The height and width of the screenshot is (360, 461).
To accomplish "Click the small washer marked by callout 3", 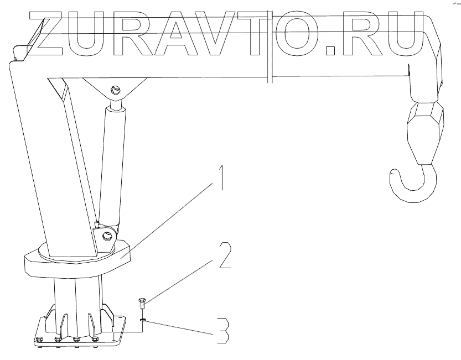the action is tap(143, 320).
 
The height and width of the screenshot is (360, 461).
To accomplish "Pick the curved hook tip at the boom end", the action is tap(392, 176).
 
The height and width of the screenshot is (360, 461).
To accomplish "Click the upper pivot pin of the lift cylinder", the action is tap(116, 90).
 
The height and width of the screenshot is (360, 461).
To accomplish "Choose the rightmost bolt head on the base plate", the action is tap(95, 339).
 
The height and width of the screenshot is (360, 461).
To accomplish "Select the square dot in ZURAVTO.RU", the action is tap(331, 50).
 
